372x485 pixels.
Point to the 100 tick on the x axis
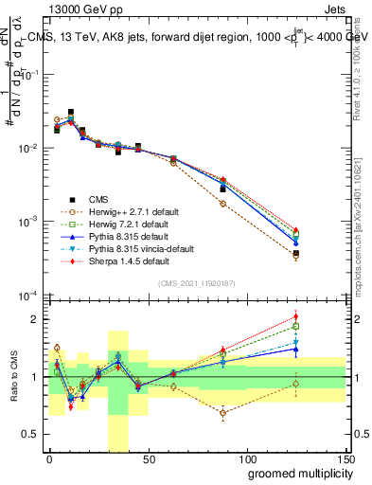click(246, 459)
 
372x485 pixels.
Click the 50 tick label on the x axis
click(148, 459)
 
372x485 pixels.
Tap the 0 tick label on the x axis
click(49, 459)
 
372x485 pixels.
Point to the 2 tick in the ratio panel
click(36, 318)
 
